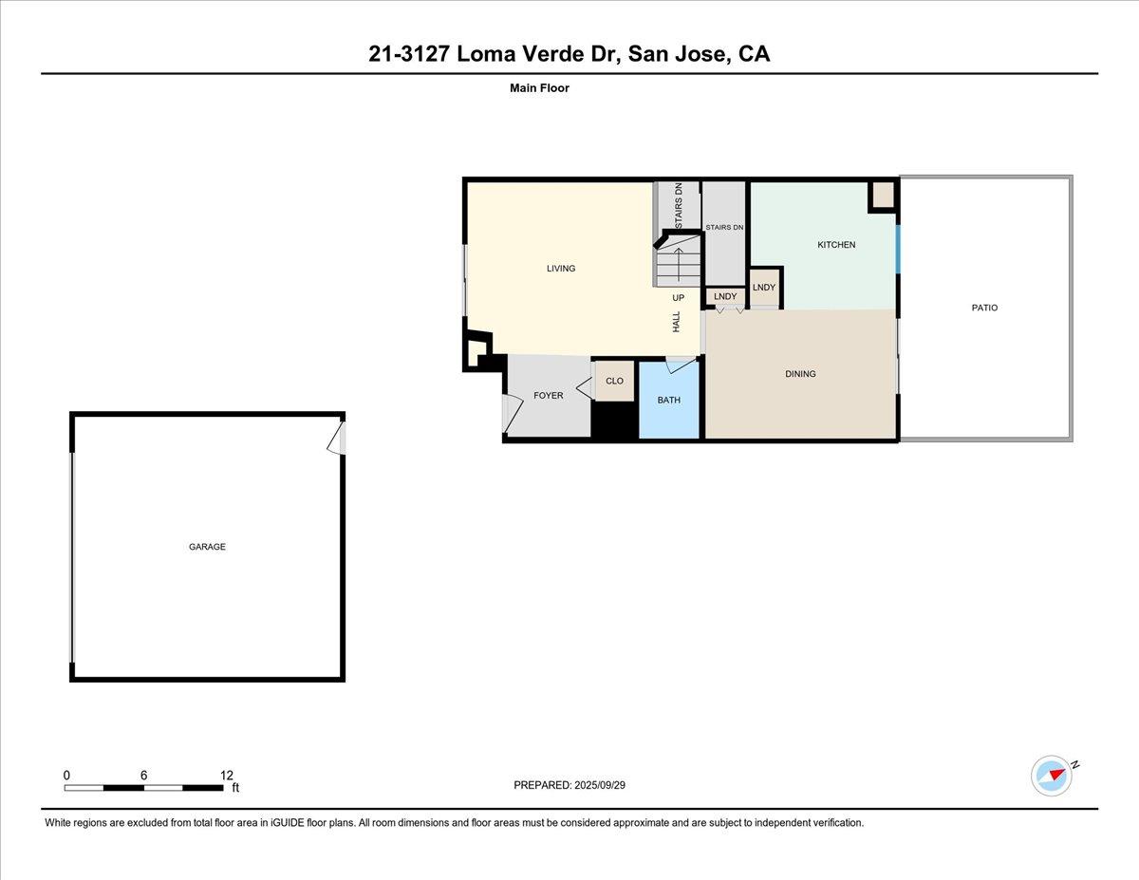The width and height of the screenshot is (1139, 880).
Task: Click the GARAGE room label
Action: pos(207,547)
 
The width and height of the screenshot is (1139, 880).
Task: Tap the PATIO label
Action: pos(984,308)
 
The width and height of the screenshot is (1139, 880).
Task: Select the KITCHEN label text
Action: pos(836,245)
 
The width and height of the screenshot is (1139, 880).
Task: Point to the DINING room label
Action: pos(800,374)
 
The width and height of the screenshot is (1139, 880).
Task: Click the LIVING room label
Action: pos(561,269)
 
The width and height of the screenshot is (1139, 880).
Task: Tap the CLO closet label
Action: pos(614,381)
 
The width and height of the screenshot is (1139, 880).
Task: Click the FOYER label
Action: pos(548,395)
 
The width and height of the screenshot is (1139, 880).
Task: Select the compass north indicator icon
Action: pos(1052,775)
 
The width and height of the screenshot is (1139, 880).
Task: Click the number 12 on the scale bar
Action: pos(226,775)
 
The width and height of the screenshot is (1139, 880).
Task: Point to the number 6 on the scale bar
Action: pos(143,775)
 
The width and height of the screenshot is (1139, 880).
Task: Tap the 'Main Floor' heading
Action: pos(538,88)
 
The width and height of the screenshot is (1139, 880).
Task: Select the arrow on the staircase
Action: pos(679,259)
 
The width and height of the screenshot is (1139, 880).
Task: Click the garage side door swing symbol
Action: pos(335,440)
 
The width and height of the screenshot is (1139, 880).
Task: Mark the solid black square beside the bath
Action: pos(614,420)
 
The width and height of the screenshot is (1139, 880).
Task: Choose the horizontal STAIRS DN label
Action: pos(724,228)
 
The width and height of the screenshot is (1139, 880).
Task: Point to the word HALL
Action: pos(677,322)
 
